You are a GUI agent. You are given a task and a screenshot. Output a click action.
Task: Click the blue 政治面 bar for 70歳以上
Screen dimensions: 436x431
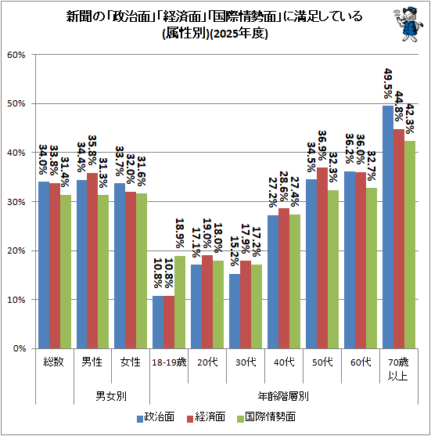388,227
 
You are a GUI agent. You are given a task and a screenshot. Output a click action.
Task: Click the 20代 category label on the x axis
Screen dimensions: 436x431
208,362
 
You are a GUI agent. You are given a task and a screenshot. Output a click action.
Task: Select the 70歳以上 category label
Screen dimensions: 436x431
398,369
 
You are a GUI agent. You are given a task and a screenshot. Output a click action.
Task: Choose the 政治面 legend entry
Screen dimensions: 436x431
156,417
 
